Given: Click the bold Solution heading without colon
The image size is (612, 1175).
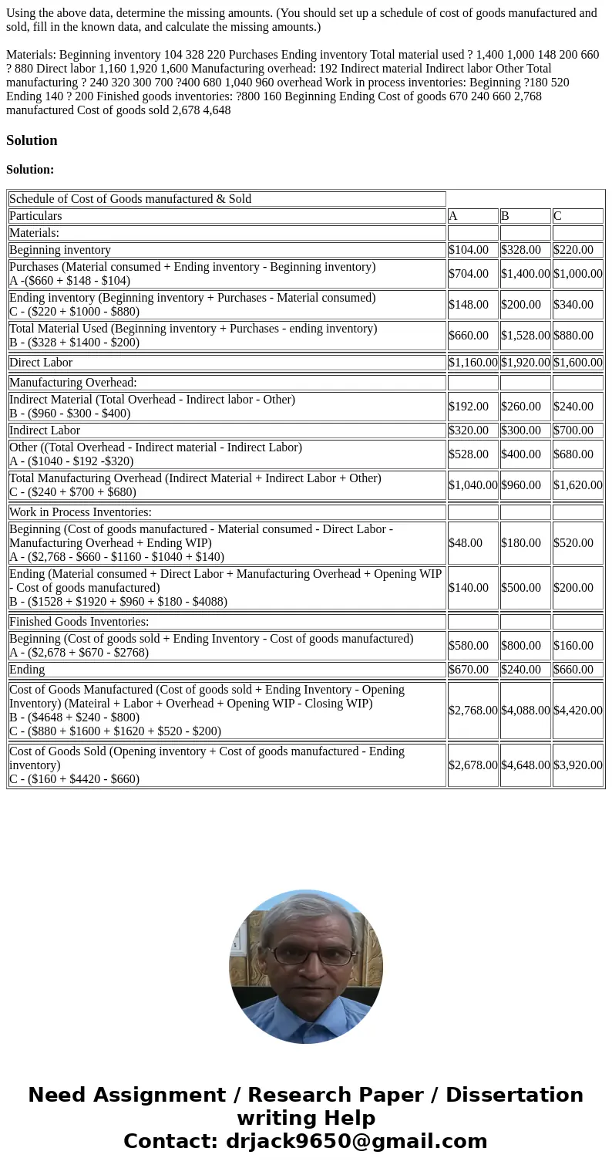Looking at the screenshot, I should point(32,140).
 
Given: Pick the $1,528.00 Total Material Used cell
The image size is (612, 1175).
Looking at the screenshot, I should point(525,336).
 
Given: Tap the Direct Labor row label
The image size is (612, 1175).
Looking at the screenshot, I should point(41,363).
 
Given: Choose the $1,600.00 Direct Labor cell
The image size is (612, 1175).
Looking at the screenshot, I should point(577,363).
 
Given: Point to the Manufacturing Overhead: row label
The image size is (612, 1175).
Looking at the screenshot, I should point(73,383).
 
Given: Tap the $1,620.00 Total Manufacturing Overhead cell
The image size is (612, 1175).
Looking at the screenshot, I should point(577,485).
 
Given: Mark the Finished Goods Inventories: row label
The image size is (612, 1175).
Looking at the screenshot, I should point(79,622).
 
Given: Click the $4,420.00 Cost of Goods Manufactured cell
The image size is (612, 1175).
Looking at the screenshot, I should point(577,711).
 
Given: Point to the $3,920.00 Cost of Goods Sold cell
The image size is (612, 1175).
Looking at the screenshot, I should point(577,765).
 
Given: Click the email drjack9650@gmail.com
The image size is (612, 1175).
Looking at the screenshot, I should point(357,1142).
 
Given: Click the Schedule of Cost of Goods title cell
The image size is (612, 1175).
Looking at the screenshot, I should point(130,199).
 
